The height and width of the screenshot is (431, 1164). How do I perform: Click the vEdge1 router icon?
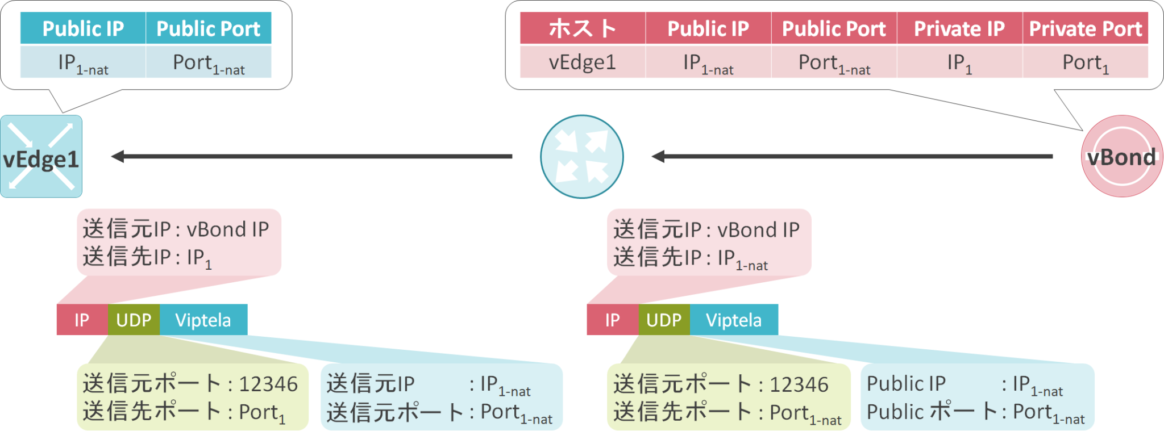41,157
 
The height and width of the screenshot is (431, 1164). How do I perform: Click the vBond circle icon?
1121,157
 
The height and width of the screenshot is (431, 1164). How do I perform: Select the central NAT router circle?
581,157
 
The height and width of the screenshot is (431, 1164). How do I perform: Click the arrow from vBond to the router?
853,156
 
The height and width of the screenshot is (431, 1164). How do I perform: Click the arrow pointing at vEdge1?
313,156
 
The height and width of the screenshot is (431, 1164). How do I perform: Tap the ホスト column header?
583,28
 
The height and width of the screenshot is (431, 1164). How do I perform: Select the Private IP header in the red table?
959,28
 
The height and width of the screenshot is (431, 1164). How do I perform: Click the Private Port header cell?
1085,28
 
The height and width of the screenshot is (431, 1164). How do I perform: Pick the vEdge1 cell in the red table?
583,62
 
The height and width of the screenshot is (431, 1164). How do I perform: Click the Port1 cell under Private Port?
1085,62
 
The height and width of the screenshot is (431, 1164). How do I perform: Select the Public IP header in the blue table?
83,28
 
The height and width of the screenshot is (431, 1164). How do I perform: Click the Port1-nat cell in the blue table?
209,62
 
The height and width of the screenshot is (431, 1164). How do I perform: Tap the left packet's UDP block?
134,320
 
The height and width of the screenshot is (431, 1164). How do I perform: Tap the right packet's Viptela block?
734,320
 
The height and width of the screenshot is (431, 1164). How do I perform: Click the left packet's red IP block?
82,320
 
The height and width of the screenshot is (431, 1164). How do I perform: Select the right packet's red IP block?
612,320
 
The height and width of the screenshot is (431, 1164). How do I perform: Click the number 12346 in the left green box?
268,384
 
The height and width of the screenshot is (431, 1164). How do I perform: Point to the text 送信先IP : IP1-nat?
691,258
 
